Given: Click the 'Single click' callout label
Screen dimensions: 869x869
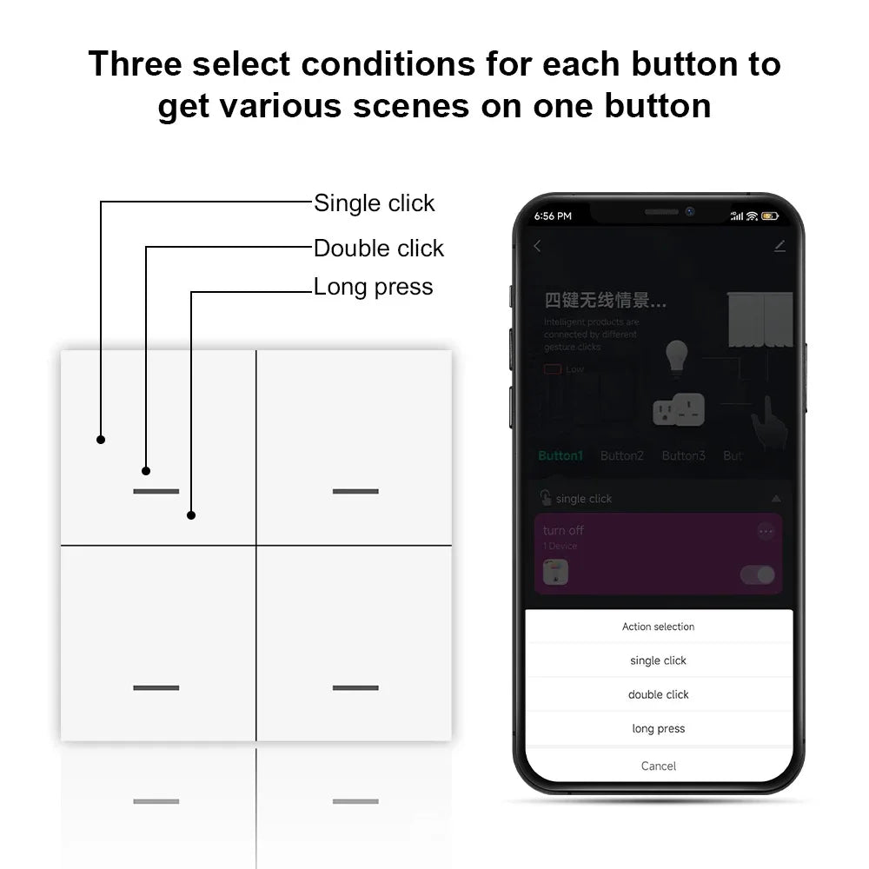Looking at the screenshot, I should (x=374, y=203).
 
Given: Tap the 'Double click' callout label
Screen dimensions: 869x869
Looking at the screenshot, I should (x=378, y=249).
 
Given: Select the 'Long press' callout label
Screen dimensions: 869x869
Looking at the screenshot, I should (x=373, y=287).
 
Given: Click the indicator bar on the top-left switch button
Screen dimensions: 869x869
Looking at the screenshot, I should (x=156, y=491).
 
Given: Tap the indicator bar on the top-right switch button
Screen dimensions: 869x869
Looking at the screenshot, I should (x=355, y=491).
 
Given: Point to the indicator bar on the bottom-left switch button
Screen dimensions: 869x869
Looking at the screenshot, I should (x=156, y=687).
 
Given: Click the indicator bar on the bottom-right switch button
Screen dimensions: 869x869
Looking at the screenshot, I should (x=355, y=687).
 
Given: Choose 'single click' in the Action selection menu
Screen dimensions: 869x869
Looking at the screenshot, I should (x=658, y=660).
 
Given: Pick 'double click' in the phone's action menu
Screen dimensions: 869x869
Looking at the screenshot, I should (x=658, y=694).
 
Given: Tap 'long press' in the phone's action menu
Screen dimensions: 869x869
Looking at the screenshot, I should (x=658, y=728).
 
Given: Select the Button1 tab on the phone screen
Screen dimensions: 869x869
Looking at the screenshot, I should (x=561, y=455).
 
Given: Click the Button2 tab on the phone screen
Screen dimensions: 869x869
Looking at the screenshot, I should (x=622, y=455).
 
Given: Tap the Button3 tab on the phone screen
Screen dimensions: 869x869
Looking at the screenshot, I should (x=683, y=455).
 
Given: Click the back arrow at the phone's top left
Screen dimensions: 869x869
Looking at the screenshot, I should (x=537, y=246).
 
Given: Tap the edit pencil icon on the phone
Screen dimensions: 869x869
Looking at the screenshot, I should (x=779, y=246).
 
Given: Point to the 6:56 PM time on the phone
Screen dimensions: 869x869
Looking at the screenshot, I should (x=553, y=216).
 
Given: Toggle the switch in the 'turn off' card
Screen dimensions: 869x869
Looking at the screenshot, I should (x=757, y=574).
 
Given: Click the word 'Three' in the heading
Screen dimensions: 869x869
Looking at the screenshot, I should (x=134, y=64).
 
